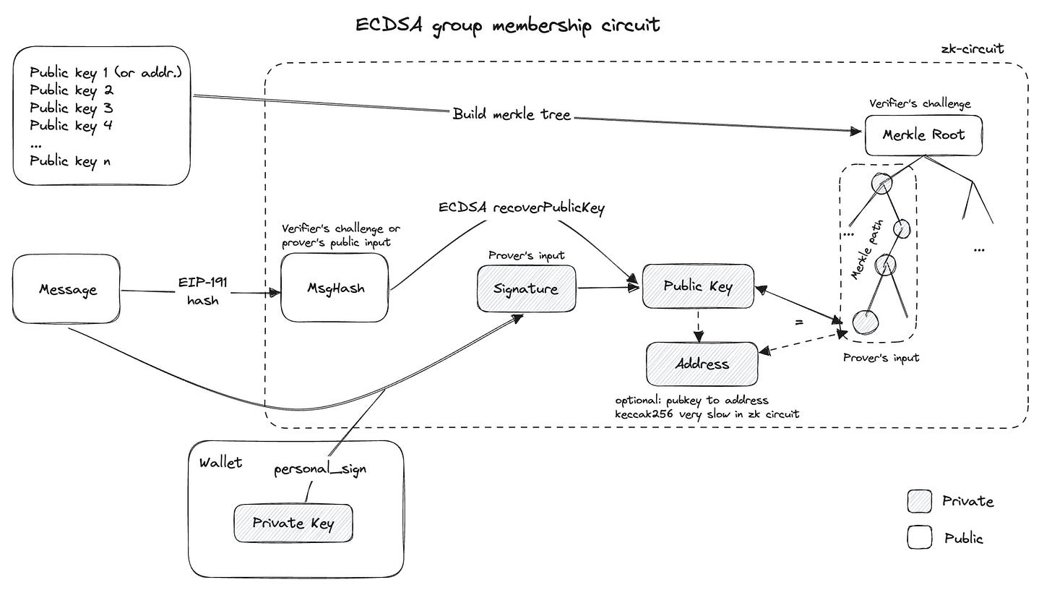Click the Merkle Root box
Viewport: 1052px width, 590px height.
pyautogui.click(x=923, y=135)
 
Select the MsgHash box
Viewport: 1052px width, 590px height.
pyautogui.click(x=335, y=288)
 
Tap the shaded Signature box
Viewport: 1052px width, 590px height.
pyautogui.click(x=527, y=288)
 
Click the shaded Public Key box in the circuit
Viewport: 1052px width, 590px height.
pyautogui.click(x=698, y=286)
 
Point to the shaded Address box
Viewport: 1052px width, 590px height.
pyautogui.click(x=702, y=364)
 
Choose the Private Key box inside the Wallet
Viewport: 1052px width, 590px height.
pyautogui.click(x=293, y=523)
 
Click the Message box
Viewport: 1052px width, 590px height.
pyautogui.click(x=66, y=289)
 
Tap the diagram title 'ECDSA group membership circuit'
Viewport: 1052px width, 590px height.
pyautogui.click(x=507, y=25)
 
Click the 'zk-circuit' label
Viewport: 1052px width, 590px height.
pyautogui.click(x=973, y=49)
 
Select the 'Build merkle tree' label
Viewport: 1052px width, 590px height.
pyautogui.click(x=512, y=114)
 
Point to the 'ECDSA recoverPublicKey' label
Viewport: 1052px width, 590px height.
pyautogui.click(x=522, y=208)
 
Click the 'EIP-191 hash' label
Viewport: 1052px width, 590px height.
pyautogui.click(x=203, y=291)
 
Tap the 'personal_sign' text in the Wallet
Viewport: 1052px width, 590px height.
pyautogui.click(x=320, y=469)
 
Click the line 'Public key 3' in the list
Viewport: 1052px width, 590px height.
pyautogui.click(x=72, y=108)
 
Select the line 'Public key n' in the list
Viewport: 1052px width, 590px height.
pyautogui.click(x=70, y=161)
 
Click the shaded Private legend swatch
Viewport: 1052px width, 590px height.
pyautogui.click(x=920, y=501)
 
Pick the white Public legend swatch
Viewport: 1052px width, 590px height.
pyautogui.click(x=920, y=537)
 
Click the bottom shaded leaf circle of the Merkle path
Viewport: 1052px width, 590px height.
pyautogui.click(x=865, y=322)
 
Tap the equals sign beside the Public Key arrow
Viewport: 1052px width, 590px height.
pyautogui.click(x=799, y=322)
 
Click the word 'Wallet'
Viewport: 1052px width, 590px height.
pyautogui.click(x=220, y=463)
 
